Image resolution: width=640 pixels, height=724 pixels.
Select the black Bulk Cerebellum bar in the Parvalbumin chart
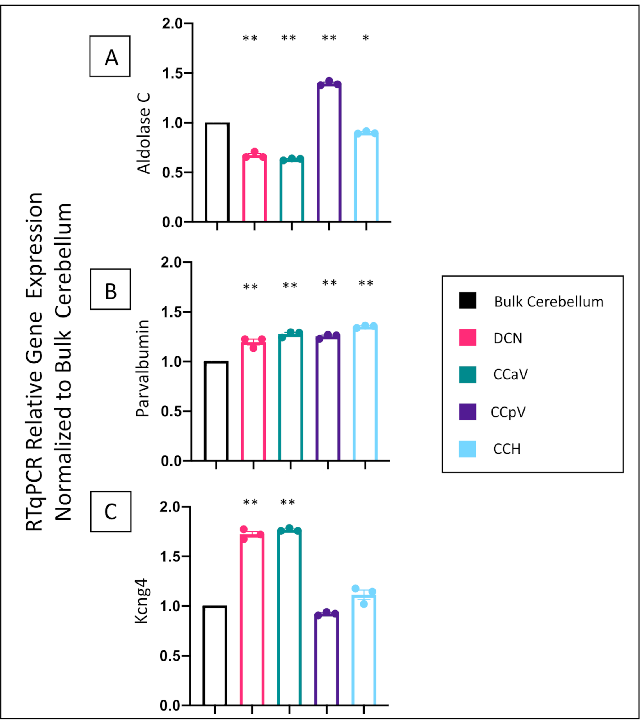click(x=216, y=411)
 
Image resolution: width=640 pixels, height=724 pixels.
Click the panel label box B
click(x=110, y=289)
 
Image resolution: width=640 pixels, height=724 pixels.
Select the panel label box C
click(x=111, y=511)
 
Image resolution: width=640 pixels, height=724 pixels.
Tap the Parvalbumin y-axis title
click(x=143, y=368)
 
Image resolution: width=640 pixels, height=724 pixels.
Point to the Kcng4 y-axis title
click(x=141, y=601)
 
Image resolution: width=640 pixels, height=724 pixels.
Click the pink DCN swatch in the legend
click(x=467, y=338)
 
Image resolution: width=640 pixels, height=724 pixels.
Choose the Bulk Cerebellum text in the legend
click(x=549, y=302)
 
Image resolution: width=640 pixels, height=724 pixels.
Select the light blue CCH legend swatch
click(x=467, y=449)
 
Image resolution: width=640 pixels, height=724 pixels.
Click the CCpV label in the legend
click(x=508, y=412)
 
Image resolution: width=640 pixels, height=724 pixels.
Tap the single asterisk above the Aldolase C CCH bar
click(x=366, y=38)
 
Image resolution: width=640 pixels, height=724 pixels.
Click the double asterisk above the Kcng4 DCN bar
click(x=250, y=502)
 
